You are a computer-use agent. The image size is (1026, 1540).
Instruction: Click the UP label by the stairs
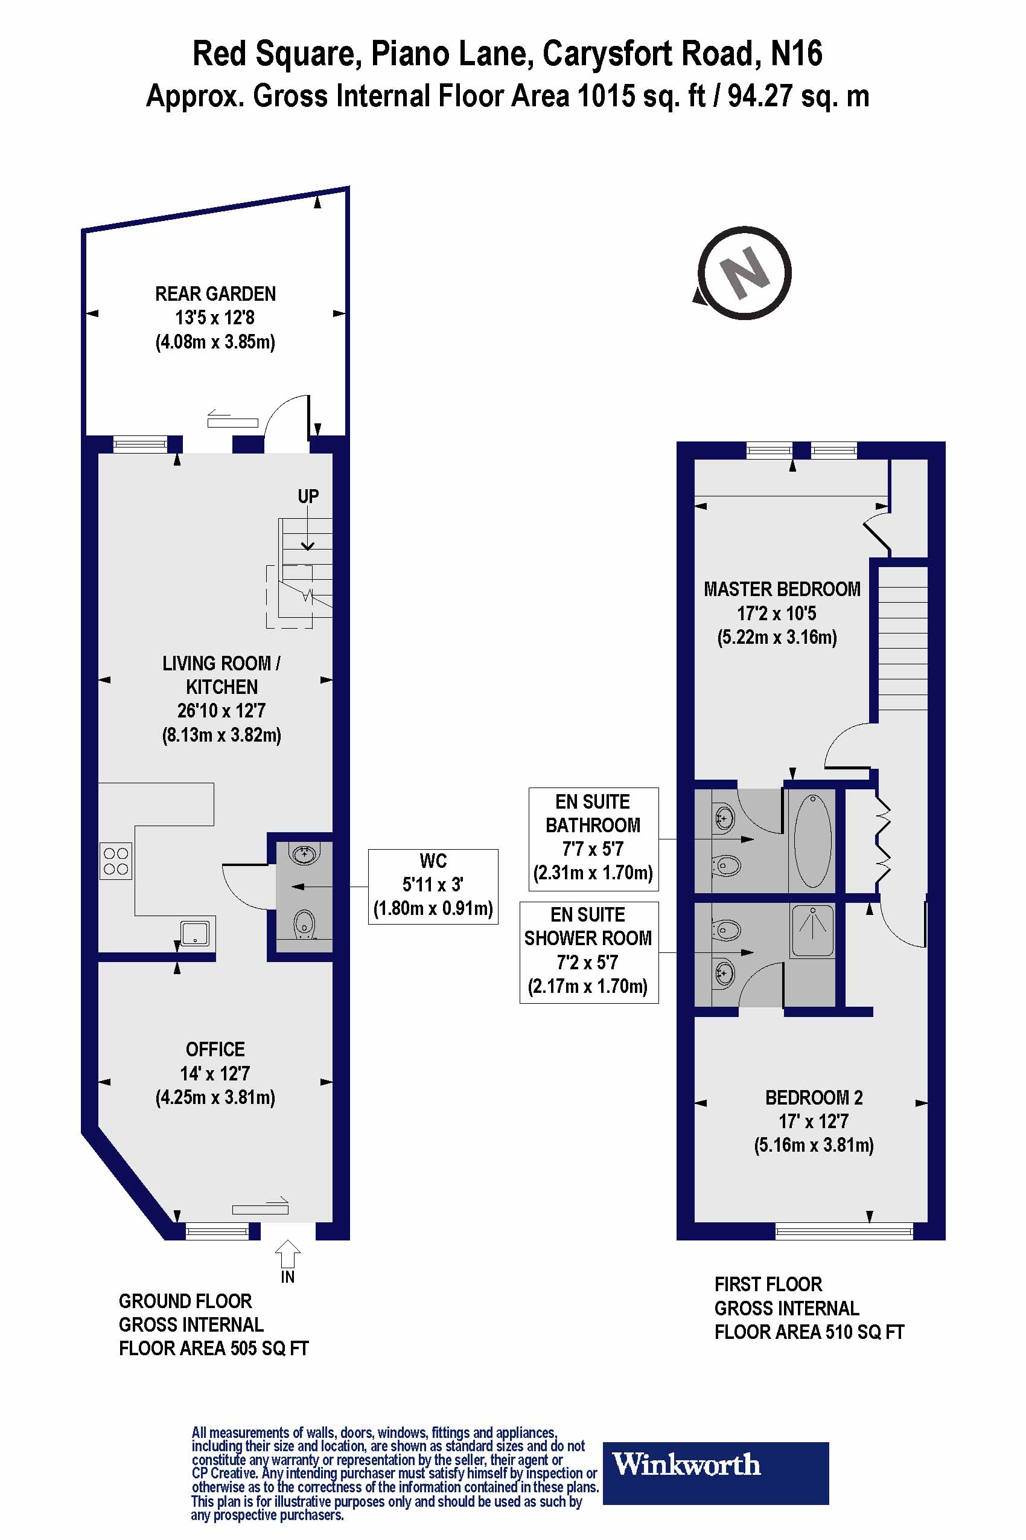[308, 496]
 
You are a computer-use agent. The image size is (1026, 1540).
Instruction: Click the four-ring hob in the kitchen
[116, 861]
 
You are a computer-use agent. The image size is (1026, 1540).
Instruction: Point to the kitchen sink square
[196, 933]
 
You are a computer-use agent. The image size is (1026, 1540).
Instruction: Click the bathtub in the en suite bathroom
[812, 841]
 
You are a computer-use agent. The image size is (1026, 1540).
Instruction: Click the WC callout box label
[433, 886]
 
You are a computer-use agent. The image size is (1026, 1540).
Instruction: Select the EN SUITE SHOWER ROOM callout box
[588, 952]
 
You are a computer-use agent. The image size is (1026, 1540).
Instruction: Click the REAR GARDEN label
[215, 294]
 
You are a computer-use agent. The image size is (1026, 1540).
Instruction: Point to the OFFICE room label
[215, 1050]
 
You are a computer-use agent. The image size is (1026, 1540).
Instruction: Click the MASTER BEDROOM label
[782, 589]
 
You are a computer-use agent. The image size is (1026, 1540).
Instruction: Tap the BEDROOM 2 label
[814, 1098]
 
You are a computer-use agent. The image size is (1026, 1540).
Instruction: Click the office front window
[217, 1231]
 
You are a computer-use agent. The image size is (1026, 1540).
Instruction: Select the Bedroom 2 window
[844, 1231]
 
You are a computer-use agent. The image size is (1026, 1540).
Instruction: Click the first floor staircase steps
[902, 641]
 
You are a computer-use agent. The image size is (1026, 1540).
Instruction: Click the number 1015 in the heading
[606, 96]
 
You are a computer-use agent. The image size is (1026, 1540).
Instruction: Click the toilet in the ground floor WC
[304, 924]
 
